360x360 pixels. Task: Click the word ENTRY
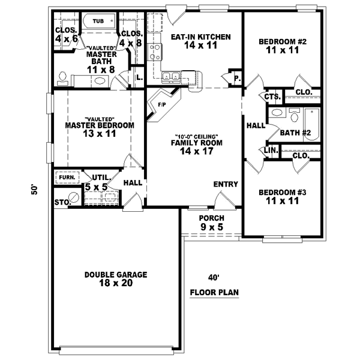[226, 184]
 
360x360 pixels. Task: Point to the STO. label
[62, 203]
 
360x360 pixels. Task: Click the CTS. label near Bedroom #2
[272, 97]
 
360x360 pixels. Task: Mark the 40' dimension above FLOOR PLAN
[214, 278]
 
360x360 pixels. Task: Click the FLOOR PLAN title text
[214, 293]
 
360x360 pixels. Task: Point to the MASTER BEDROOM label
[100, 126]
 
